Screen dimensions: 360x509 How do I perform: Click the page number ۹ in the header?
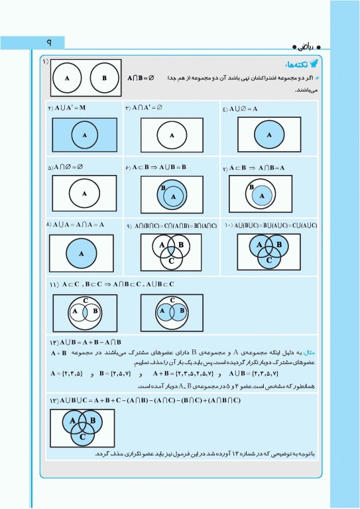48,42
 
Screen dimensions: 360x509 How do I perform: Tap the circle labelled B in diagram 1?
103,78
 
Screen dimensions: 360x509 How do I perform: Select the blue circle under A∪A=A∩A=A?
82,253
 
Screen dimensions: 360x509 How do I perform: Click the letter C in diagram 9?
172,261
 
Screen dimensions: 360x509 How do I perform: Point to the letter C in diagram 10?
269,260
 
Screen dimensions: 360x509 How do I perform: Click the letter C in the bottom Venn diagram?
82,437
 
